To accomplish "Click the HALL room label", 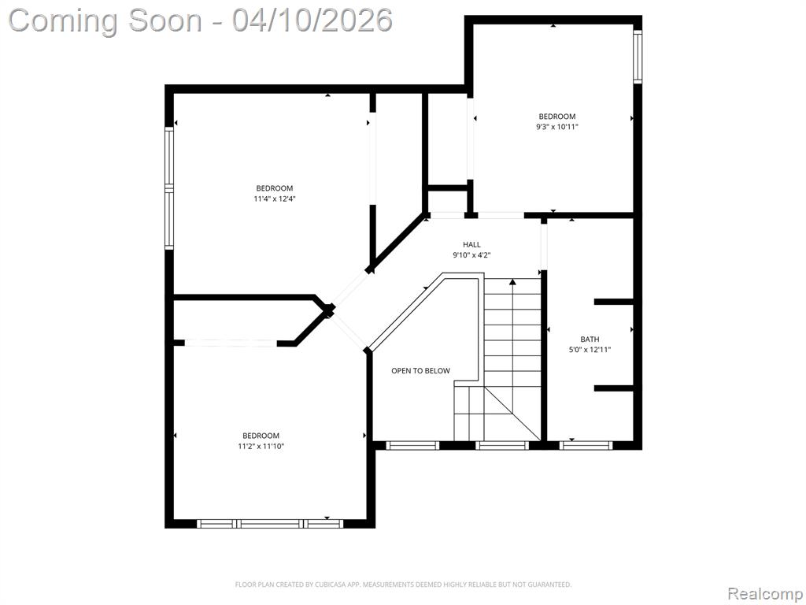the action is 471,245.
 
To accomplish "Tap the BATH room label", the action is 590,340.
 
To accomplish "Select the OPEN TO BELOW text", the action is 420,371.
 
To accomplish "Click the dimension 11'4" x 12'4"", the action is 275,199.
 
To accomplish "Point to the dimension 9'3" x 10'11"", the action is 557,127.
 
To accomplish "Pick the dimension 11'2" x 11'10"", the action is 261,447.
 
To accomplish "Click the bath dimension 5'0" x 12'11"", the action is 590,350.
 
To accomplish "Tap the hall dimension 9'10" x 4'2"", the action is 471,255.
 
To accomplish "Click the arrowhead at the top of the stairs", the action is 512,282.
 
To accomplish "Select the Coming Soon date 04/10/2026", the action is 312,20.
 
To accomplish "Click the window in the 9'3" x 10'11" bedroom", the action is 638,56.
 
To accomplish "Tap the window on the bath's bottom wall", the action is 586,446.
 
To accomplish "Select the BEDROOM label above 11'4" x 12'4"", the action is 275,188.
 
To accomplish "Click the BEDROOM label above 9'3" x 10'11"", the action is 557,117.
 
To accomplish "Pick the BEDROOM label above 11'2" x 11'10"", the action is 261,436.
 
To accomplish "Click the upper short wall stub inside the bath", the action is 614,302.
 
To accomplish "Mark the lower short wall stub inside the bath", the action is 614,388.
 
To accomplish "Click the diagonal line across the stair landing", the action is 512,414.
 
